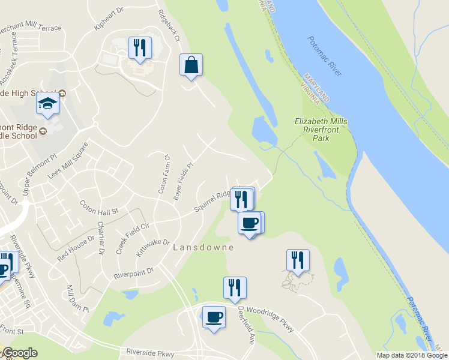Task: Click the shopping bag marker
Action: click(x=191, y=65)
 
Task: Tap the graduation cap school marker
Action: click(x=47, y=104)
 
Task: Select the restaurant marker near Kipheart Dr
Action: click(x=140, y=48)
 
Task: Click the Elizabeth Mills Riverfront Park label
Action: click(x=321, y=130)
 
